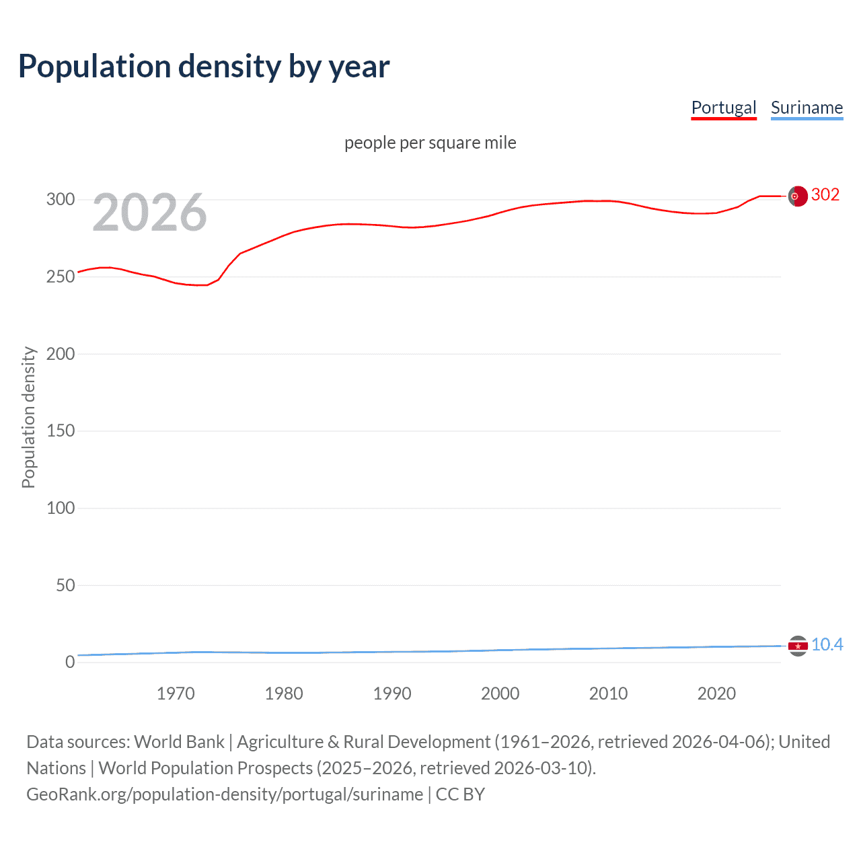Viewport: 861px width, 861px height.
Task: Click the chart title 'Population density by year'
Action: pyautogui.click(x=204, y=67)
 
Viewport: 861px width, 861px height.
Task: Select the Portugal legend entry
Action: pyautogui.click(x=724, y=108)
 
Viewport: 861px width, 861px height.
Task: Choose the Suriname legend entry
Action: pyautogui.click(x=807, y=108)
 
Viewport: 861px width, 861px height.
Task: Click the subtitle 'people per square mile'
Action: pyautogui.click(x=430, y=143)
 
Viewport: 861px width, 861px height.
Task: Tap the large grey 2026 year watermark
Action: pyautogui.click(x=149, y=213)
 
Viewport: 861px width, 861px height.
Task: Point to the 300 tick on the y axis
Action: pyautogui.click(x=61, y=199)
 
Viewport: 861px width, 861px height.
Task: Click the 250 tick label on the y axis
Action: pyautogui.click(x=61, y=276)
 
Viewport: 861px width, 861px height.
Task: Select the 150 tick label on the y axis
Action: pyautogui.click(x=61, y=430)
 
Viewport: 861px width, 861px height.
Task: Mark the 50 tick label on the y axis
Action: pyautogui.click(x=65, y=585)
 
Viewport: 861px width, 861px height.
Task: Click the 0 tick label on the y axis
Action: pyautogui.click(x=70, y=662)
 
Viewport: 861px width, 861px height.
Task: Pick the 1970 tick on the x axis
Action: pyautogui.click(x=176, y=694)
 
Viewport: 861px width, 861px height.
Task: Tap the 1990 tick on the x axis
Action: pyautogui.click(x=392, y=694)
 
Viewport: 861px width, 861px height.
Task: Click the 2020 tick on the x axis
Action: pyautogui.click(x=716, y=694)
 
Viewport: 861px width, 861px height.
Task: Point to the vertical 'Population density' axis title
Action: pyautogui.click(x=28, y=417)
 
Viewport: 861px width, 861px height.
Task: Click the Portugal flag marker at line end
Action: pyautogui.click(x=798, y=196)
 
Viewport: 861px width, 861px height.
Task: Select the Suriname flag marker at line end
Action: pyautogui.click(x=798, y=646)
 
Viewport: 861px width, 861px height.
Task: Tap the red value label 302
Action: pyautogui.click(x=825, y=195)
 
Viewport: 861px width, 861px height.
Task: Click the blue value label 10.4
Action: pyautogui.click(x=827, y=644)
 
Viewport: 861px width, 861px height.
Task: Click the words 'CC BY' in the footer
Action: pyautogui.click(x=460, y=794)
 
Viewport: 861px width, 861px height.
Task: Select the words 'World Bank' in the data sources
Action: pyautogui.click(x=179, y=742)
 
